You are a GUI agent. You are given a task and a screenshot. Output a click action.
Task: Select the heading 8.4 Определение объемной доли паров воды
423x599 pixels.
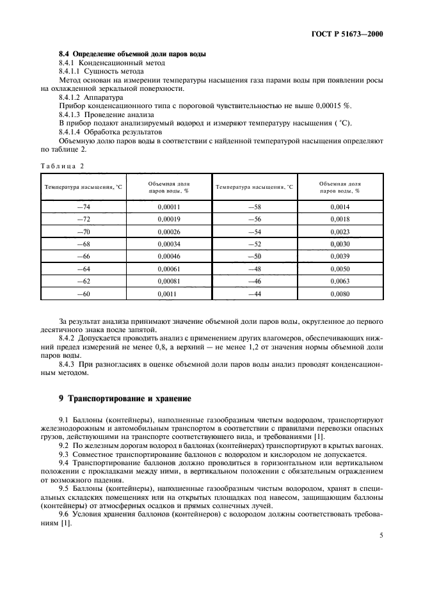point(132,54)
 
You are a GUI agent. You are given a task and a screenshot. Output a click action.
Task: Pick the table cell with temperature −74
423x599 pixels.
point(83,207)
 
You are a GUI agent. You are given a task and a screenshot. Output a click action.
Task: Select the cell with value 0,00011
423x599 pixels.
point(168,207)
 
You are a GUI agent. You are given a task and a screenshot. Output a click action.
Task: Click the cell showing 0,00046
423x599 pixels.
point(168,256)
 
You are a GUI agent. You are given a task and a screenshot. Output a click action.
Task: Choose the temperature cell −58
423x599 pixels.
point(254,207)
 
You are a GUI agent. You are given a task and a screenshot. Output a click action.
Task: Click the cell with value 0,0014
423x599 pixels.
point(340,207)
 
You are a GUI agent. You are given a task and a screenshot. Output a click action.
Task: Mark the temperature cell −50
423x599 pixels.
point(254,256)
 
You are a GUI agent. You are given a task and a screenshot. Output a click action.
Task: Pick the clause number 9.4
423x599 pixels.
point(64,461)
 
